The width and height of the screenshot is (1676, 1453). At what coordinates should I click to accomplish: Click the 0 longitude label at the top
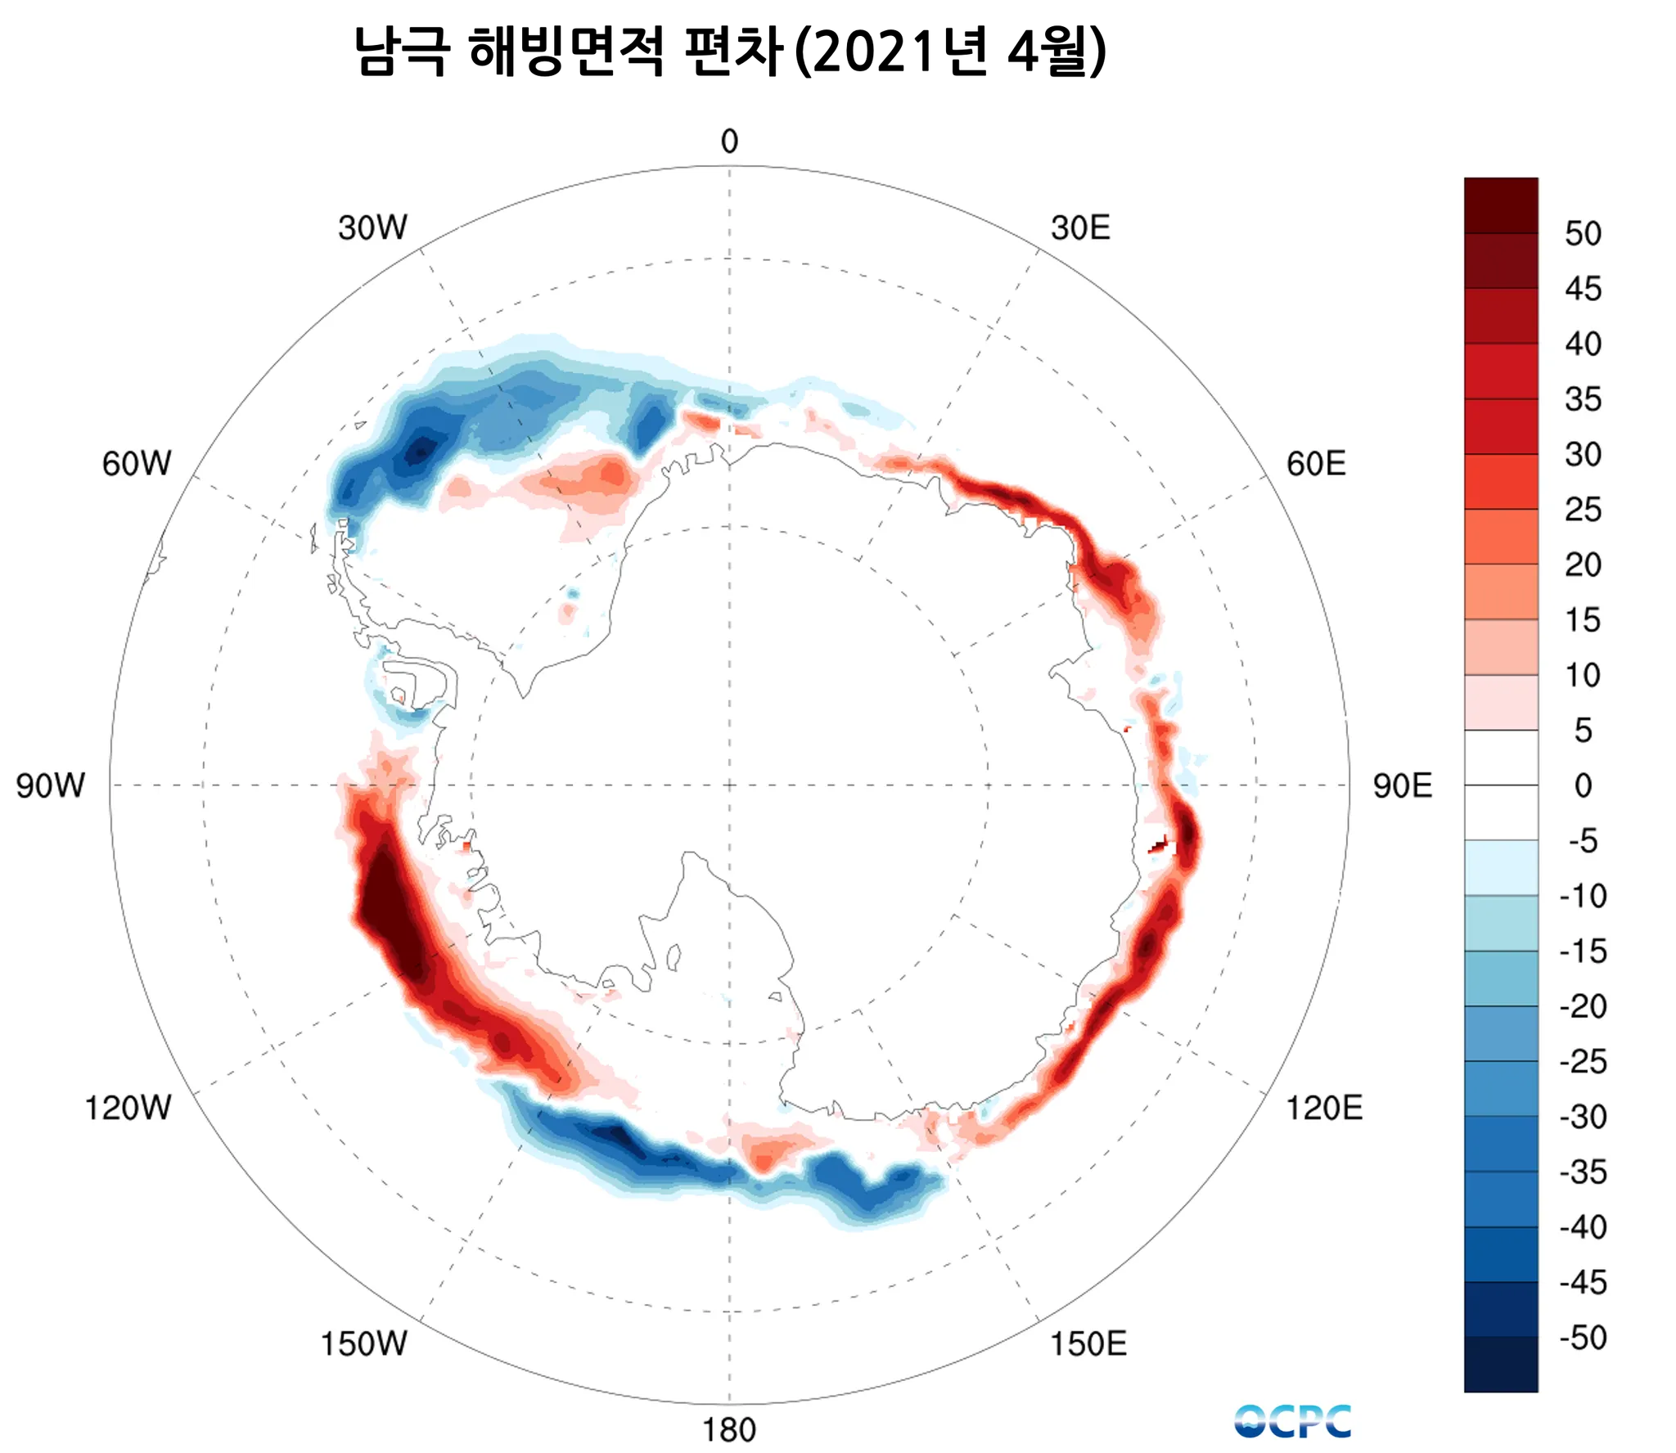[x=729, y=142]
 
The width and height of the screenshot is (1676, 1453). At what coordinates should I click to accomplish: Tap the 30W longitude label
[x=372, y=227]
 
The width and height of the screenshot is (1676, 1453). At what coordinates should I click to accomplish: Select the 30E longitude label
[x=1080, y=227]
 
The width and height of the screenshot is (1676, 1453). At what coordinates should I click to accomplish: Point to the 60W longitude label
[x=137, y=464]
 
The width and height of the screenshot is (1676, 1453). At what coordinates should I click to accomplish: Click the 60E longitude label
[x=1316, y=464]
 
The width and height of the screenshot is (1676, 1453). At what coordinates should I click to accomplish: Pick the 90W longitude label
[x=50, y=785]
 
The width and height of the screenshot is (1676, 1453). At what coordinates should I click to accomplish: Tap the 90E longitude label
[x=1403, y=785]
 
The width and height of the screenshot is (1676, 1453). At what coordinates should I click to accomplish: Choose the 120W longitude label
[x=128, y=1108]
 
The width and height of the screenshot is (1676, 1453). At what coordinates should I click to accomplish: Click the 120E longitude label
[x=1324, y=1108]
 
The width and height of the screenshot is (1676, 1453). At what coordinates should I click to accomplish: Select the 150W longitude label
[x=363, y=1343]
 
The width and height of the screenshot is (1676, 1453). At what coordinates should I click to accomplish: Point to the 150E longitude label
[x=1088, y=1343]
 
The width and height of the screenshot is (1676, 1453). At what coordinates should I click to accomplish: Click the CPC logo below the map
[x=1293, y=1421]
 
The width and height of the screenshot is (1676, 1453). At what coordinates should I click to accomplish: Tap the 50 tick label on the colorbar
[x=1583, y=234]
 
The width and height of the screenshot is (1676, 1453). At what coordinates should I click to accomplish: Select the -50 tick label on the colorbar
[x=1583, y=1338]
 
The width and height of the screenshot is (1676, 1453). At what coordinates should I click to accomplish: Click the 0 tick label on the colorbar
[x=1583, y=785]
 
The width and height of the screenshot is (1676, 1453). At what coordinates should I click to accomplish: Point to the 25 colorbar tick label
[x=1583, y=510]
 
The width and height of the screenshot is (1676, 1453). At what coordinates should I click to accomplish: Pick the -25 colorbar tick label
[x=1583, y=1062]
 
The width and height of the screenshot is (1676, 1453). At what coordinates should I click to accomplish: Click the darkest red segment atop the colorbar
[x=1501, y=205]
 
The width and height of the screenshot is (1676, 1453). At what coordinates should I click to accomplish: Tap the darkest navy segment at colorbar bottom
[x=1501, y=1364]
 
